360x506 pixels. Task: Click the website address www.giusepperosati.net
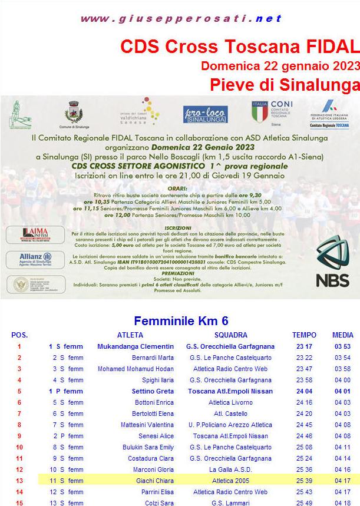[x=181, y=19]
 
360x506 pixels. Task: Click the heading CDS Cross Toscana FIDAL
[x=239, y=47]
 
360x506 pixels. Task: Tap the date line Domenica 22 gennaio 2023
[x=280, y=65]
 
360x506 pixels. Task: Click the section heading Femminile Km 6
[x=181, y=321]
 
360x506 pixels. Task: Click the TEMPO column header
[x=304, y=335]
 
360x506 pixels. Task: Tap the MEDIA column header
[x=343, y=335]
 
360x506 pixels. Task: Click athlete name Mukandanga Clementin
[x=136, y=346]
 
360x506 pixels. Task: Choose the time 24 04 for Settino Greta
[x=304, y=391]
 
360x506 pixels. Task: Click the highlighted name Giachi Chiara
[x=154, y=481]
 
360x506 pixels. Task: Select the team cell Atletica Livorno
[x=231, y=402]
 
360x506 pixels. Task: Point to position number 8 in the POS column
[x=19, y=425]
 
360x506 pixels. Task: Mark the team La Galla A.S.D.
[x=230, y=469]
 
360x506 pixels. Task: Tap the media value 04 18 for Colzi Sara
[x=343, y=502]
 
